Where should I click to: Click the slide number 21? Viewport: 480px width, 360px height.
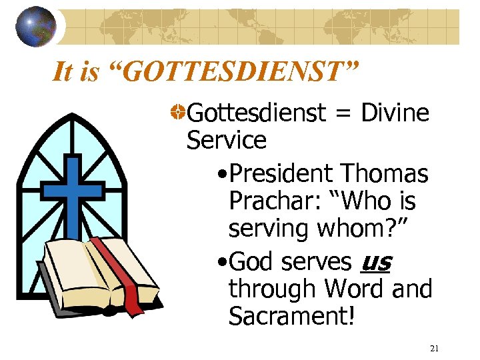434,348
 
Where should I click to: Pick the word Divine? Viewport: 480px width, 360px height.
395,113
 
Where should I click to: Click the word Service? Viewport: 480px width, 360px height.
227,141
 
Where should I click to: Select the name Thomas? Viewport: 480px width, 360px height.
385,174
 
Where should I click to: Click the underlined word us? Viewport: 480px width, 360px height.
375,262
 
